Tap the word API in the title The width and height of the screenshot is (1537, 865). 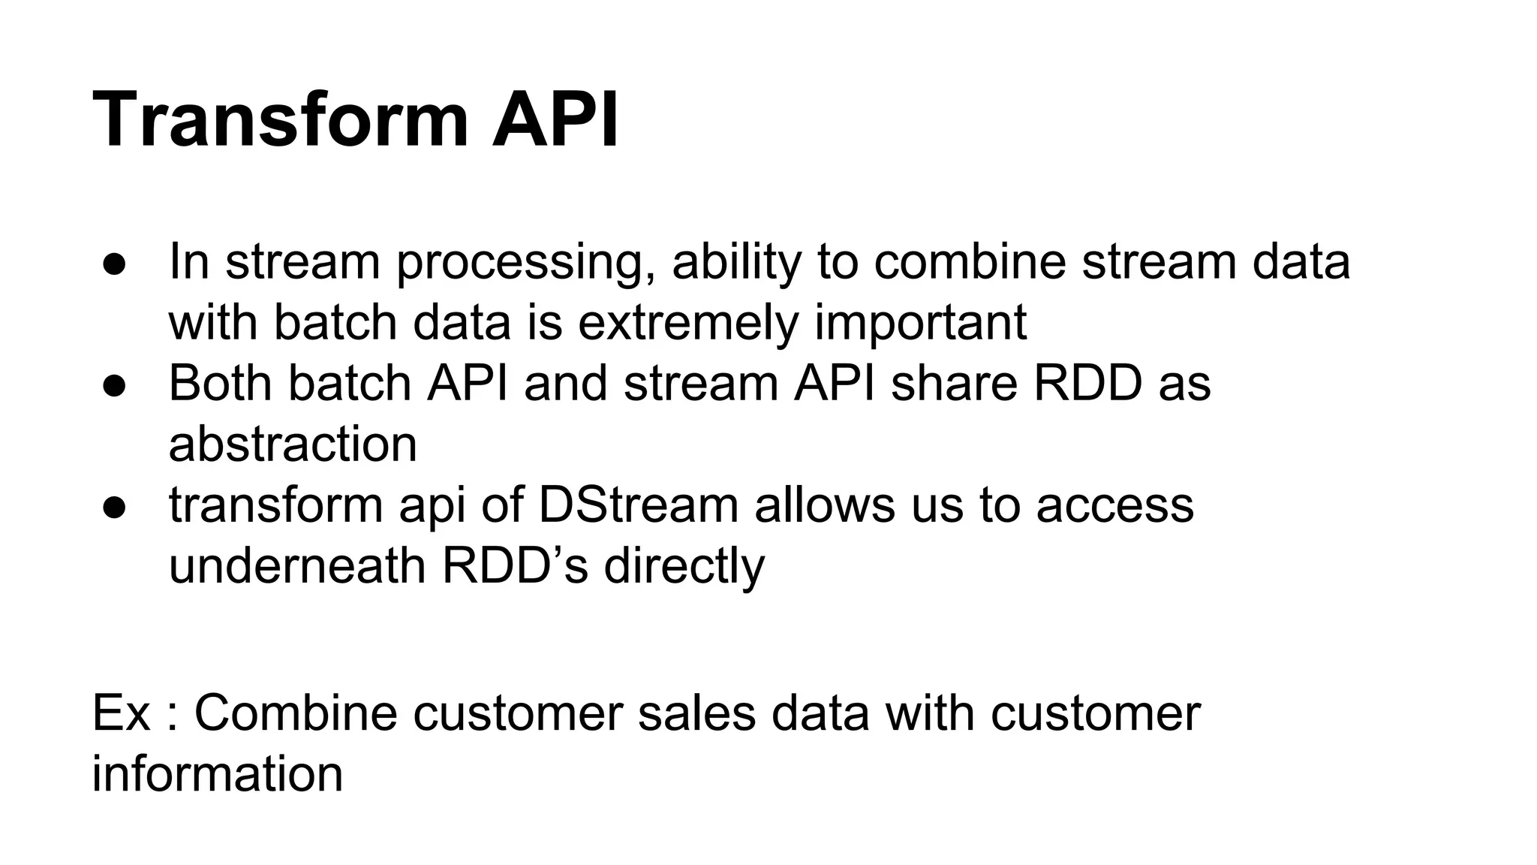click(x=555, y=120)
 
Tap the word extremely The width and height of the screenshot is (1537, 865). click(x=687, y=324)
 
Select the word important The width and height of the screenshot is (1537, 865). click(x=920, y=324)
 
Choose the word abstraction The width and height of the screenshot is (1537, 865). click(x=293, y=445)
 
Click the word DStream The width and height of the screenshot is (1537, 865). click(x=638, y=505)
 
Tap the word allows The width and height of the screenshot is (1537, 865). click(x=825, y=505)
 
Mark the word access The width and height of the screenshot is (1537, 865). click(x=1114, y=505)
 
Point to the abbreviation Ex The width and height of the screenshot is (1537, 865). click(x=121, y=713)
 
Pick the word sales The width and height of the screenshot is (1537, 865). click(x=696, y=713)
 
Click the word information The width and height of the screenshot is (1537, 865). click(x=218, y=773)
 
